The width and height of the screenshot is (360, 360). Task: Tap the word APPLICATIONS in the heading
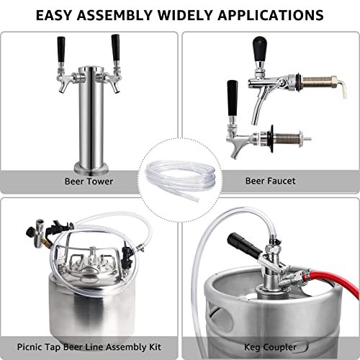(x=261, y=14)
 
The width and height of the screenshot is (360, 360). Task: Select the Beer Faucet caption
(x=270, y=181)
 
